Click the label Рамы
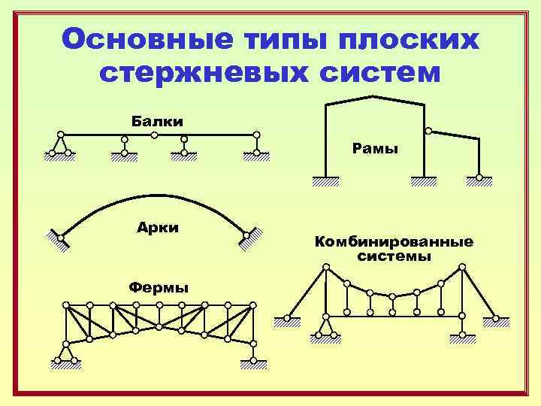coord(375,149)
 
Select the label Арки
coord(159,228)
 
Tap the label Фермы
coord(159,287)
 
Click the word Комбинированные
coord(394,242)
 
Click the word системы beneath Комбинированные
coord(394,256)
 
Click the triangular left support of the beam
coord(60,145)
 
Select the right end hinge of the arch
coord(246,235)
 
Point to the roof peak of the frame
coord(373,95)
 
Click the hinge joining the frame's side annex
coord(428,131)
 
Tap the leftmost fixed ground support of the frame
coord(325,180)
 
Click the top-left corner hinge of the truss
coord(66,305)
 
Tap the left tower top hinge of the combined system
coord(325,267)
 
